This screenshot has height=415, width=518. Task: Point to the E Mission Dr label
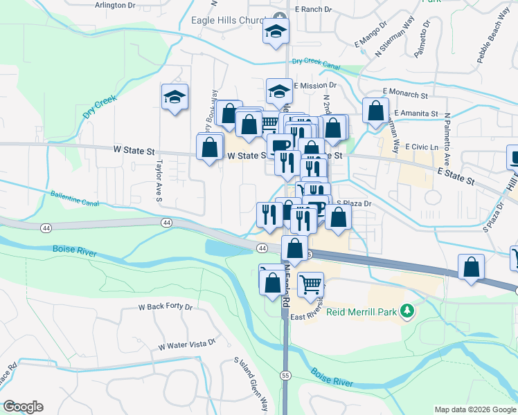(x=315, y=86)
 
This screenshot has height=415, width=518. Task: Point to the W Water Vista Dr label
(x=187, y=344)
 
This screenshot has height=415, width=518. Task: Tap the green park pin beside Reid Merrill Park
(x=409, y=312)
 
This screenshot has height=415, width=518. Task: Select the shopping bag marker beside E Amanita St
(x=375, y=111)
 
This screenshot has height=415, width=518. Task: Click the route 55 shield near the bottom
(x=285, y=374)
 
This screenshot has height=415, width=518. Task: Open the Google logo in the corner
(x=23, y=407)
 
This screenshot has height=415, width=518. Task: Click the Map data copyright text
(x=475, y=409)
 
